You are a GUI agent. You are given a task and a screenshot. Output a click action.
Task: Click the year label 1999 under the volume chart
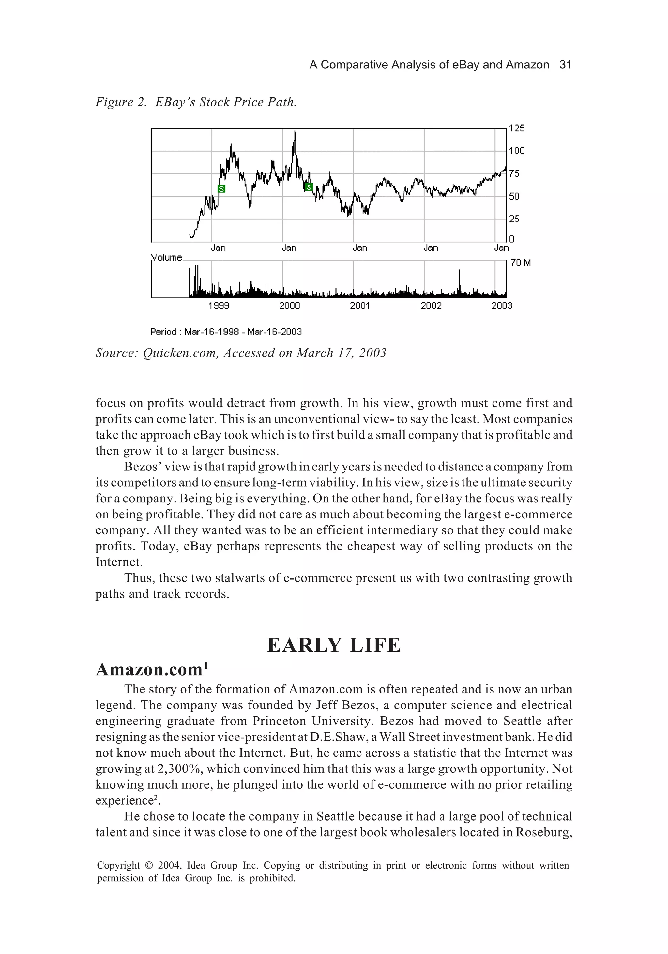tap(218, 306)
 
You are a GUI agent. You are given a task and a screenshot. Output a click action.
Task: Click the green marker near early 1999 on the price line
tap(221, 189)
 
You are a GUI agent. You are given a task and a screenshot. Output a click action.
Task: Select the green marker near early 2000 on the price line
tap(309, 187)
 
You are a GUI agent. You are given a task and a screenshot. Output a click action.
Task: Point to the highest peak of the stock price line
tap(295, 132)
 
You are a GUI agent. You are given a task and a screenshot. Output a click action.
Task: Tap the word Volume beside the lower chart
tap(166, 258)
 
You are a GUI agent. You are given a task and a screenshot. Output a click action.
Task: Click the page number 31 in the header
tap(565, 65)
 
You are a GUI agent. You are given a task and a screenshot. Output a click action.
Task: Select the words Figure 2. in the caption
tap(121, 102)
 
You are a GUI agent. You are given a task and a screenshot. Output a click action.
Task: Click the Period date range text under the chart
tap(226, 332)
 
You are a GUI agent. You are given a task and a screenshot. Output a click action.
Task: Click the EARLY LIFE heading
tap(334, 646)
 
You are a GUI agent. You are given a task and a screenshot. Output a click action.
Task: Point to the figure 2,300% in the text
tap(180, 769)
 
